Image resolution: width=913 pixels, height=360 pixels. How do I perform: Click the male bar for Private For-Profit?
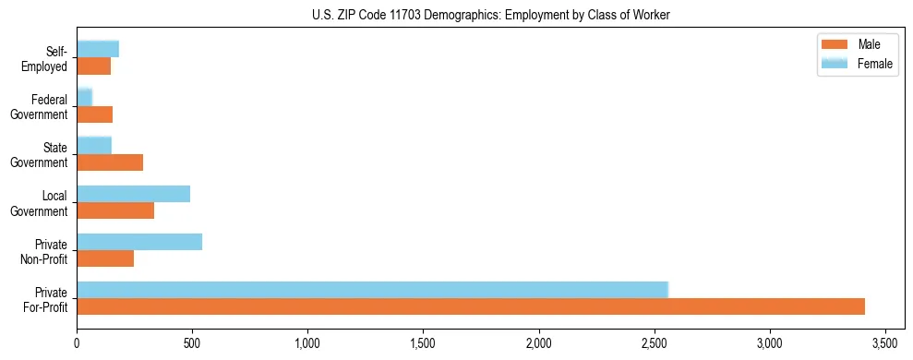point(471,306)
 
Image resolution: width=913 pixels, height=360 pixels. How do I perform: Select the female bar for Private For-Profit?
point(372,289)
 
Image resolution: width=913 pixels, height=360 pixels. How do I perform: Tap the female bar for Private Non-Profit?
point(139,242)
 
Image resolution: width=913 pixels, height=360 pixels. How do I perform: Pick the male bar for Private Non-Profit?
point(105,258)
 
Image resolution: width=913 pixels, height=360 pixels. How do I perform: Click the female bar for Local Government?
point(133,194)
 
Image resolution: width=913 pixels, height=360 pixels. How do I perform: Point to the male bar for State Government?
point(110,162)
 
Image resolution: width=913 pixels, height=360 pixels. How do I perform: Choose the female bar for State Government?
point(94,145)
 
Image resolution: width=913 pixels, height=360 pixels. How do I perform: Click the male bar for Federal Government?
point(94,114)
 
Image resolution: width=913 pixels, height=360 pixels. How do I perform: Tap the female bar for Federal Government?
point(84,97)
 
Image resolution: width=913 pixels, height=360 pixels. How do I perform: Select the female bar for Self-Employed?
point(98,49)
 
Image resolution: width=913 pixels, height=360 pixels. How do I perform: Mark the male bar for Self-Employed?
point(93,66)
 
